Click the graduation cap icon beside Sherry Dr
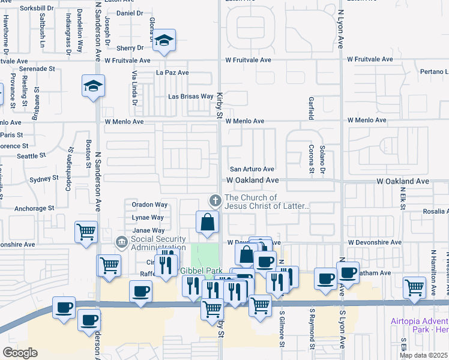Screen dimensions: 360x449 (164, 41)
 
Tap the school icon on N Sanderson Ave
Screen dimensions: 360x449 (93, 86)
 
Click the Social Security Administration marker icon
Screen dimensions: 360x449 (121, 242)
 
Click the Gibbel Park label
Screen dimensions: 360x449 (197, 271)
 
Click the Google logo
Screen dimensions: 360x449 (20, 353)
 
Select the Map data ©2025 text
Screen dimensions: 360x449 (423, 355)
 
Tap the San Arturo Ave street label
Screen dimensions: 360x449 (252, 169)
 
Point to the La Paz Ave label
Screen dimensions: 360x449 (172, 73)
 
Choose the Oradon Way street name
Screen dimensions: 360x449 (149, 205)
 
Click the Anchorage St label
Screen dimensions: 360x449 (35, 208)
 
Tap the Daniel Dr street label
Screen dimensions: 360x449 (130, 13)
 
